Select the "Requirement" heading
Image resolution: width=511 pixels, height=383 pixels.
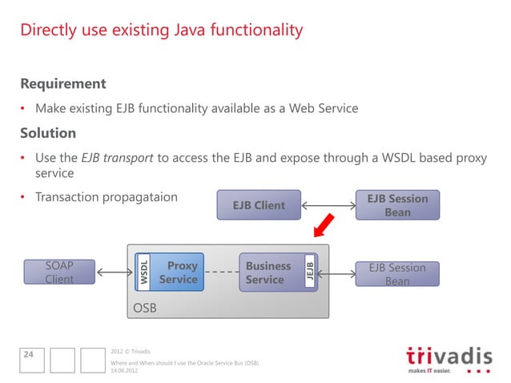tap(63, 84)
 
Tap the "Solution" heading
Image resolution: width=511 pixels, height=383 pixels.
tap(48, 133)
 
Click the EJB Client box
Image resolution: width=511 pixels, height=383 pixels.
tap(258, 205)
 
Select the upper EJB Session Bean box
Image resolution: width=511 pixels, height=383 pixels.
tap(397, 205)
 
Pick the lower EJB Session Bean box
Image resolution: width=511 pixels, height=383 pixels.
tap(397, 274)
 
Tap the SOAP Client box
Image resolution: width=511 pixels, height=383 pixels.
tap(59, 272)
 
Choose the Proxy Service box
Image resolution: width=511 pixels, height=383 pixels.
tap(178, 272)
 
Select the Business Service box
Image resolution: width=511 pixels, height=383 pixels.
tap(269, 272)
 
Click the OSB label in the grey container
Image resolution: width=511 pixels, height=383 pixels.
tap(144, 308)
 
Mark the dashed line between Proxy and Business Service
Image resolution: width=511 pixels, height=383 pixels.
tap(221, 272)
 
